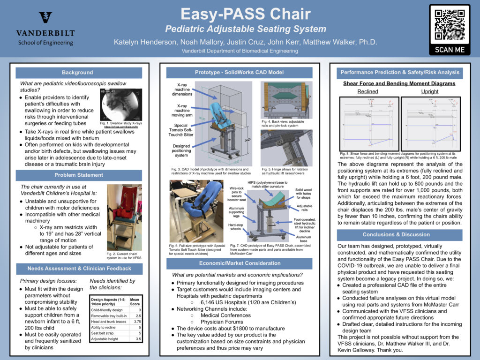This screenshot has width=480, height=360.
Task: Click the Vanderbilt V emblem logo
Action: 45,18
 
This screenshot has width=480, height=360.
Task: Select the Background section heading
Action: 78,73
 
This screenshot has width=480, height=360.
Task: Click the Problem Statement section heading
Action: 78,175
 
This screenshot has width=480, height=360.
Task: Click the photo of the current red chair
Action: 124,217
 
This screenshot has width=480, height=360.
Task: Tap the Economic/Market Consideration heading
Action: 240,263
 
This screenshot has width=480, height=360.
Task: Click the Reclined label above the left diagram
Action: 367,91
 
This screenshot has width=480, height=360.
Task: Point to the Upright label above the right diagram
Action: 429,91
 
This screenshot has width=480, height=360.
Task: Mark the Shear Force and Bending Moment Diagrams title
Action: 399,83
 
